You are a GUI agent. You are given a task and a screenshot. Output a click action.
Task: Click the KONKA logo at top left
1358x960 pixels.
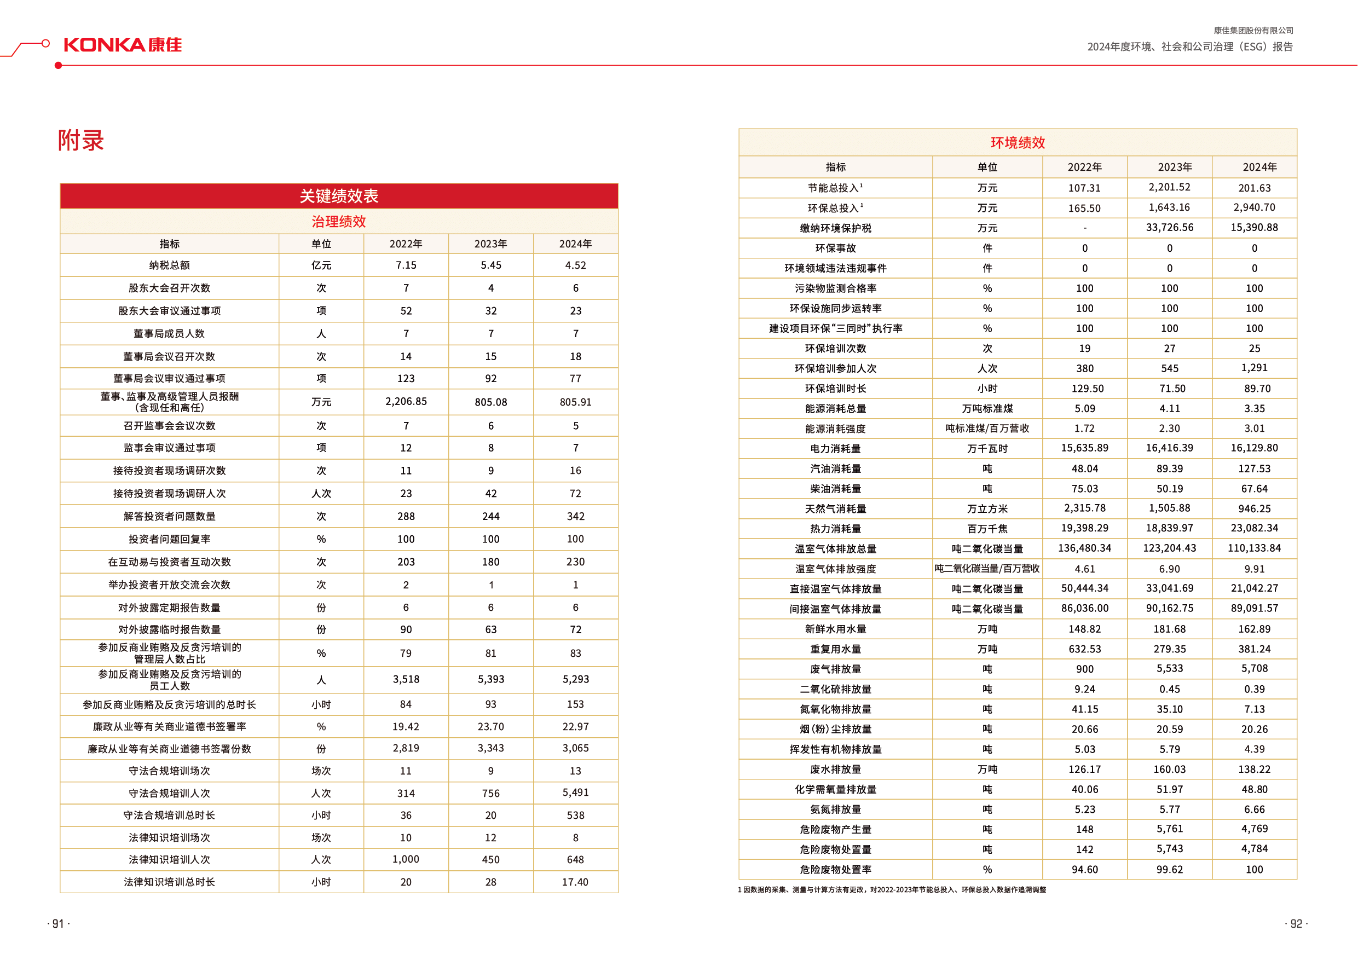[123, 45]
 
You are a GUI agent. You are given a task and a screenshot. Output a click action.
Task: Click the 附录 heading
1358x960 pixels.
[81, 141]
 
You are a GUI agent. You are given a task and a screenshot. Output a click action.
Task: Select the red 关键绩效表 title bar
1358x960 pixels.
[339, 196]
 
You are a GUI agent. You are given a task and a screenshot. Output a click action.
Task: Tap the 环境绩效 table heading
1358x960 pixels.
[1018, 142]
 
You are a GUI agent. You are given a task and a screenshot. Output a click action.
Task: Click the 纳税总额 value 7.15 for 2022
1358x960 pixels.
[406, 265]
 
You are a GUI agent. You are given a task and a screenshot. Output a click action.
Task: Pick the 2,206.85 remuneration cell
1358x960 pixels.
[406, 402]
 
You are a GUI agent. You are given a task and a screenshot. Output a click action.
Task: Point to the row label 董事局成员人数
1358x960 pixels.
[169, 334]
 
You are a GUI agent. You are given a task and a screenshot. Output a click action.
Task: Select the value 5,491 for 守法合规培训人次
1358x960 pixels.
[575, 793]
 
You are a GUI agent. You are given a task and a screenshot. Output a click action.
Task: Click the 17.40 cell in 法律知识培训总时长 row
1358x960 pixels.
[575, 882]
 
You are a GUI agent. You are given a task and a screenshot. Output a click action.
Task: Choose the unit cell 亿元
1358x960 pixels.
[321, 265]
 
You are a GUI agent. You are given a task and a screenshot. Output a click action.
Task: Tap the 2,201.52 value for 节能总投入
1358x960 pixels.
[1169, 188]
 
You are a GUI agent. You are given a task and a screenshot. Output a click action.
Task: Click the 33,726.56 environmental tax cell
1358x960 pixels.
[1169, 228]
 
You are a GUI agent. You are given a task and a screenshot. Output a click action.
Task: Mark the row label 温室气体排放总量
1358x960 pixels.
[835, 549]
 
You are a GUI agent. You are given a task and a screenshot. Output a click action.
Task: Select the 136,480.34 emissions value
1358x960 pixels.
[1084, 548]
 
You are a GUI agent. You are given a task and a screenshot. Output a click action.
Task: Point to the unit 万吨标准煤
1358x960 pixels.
[987, 409]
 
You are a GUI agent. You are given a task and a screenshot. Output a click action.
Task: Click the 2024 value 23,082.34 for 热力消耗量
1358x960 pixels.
[1254, 528]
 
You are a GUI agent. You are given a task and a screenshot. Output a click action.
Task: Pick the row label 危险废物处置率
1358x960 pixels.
[835, 870]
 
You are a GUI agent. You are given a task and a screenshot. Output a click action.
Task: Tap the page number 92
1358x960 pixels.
[1296, 924]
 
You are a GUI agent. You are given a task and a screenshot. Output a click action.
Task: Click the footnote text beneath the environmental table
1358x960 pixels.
[892, 889]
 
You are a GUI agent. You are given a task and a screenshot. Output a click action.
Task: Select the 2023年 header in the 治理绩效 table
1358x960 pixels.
[490, 244]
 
